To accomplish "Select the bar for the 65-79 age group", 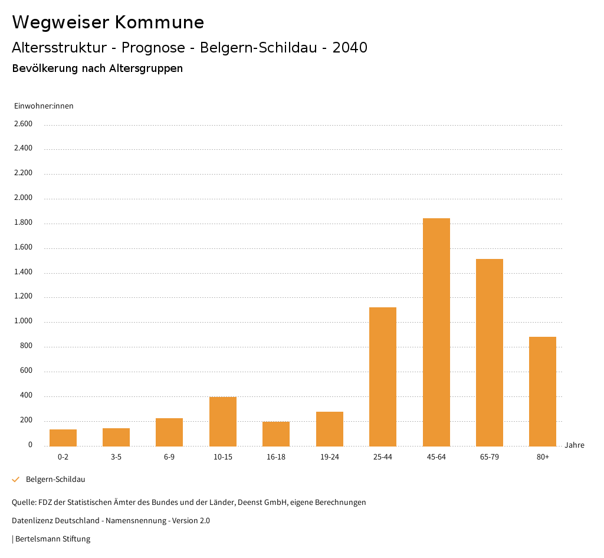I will click(490, 352).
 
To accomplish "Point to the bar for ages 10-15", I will click(223, 421).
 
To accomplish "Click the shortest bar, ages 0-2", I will click(63, 438).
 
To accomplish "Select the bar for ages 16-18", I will click(276, 434).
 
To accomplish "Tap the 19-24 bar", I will click(330, 429).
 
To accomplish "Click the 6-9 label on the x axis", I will click(169, 457).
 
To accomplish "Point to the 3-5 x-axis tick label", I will click(116, 457).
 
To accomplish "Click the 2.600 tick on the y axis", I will click(23, 124).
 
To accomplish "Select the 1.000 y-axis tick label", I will click(23, 321).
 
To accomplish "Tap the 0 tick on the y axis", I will click(30, 445).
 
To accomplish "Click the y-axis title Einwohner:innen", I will click(44, 106).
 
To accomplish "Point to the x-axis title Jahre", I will click(575, 445).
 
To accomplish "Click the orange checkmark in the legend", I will click(16, 480).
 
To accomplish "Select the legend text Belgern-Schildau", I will click(55, 480).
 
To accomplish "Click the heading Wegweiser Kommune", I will click(108, 22).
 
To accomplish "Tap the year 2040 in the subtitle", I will click(350, 48).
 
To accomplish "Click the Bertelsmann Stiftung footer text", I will click(52, 539).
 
